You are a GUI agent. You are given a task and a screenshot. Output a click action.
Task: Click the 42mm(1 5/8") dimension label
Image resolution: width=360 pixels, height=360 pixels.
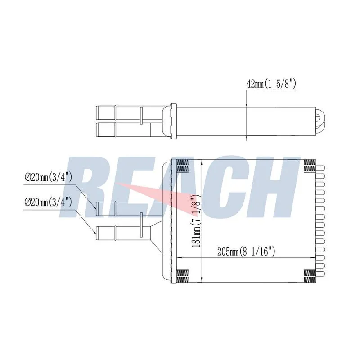[x=271, y=84]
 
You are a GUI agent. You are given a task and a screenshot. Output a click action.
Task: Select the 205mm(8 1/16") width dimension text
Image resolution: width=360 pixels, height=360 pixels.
[x=246, y=252]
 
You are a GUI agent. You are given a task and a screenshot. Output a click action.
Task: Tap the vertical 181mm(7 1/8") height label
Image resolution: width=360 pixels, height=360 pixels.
[x=197, y=220]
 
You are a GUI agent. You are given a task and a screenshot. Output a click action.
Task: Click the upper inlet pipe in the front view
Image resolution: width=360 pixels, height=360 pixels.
[x=129, y=209]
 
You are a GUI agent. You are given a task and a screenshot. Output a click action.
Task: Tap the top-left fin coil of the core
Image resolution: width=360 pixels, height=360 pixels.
[x=183, y=166]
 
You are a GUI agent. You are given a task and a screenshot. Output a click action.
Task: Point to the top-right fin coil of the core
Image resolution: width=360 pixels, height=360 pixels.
[x=310, y=166]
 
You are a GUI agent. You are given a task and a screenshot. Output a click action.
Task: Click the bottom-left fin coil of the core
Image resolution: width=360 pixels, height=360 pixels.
[x=183, y=276]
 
